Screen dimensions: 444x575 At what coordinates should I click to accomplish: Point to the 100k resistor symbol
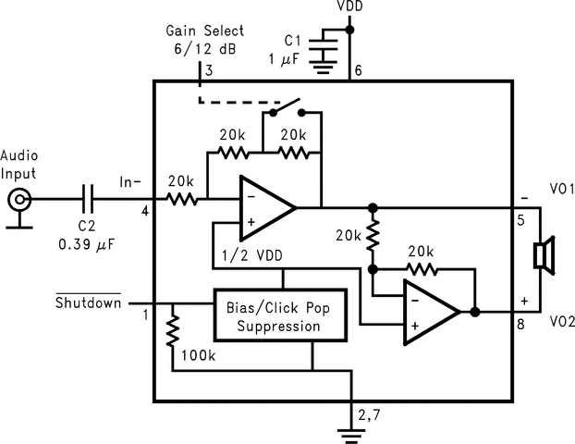[x=173, y=331]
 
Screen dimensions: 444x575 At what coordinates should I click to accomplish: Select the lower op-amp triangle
[x=429, y=312]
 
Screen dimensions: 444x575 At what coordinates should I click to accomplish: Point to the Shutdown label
[x=88, y=302]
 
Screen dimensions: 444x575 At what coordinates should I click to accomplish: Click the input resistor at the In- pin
[x=182, y=198]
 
